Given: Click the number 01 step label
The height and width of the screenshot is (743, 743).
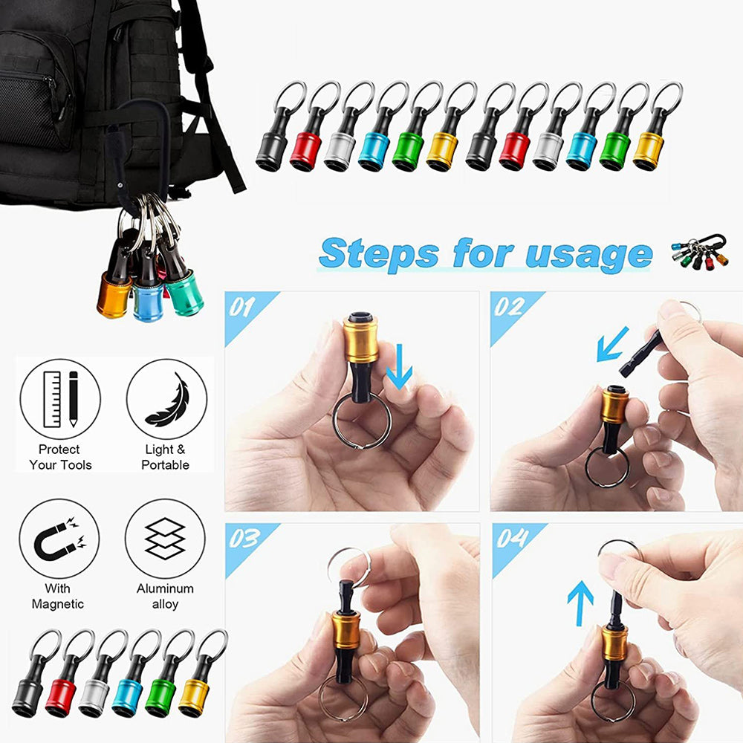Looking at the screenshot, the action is point(241,307).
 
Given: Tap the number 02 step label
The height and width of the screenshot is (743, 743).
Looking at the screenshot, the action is point(509,307).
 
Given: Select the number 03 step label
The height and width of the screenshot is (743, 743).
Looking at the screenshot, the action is point(244,538).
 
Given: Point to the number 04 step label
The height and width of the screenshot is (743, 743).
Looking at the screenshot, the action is point(512,538).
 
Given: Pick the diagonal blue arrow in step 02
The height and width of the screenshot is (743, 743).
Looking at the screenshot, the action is point(612,345).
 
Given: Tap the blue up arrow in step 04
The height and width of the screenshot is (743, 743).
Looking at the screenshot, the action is point(580,603).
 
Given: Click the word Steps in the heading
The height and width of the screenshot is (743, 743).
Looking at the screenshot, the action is point(379,254).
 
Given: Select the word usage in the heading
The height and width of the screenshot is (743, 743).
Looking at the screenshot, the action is point(589,255).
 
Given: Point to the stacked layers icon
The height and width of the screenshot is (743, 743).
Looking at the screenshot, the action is point(165,538).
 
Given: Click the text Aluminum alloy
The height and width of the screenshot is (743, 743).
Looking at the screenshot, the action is point(165,596).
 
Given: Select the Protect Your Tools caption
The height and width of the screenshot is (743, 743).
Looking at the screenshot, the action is point(60,457).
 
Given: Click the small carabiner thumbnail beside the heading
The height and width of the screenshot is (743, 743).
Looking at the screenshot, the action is point(700,251).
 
